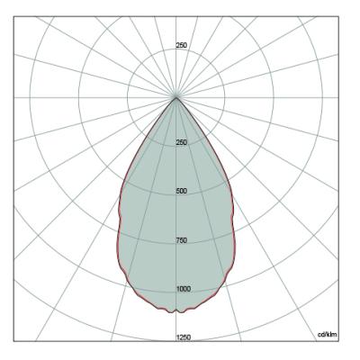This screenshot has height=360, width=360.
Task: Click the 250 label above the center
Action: tap(182, 45)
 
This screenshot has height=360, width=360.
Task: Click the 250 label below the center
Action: tap(182, 142)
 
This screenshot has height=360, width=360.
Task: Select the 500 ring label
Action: tap(182, 191)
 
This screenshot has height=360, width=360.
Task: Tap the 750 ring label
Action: tap(182, 240)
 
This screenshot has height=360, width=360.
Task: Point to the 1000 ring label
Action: tap(184, 289)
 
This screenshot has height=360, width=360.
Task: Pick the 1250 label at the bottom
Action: tap(184, 337)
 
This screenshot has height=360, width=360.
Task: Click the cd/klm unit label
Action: tap(328, 335)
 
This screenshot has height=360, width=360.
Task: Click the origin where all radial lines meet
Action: tap(176, 97)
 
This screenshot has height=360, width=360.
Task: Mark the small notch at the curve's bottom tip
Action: tap(176, 310)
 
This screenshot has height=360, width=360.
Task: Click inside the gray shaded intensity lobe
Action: tap(176, 225)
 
